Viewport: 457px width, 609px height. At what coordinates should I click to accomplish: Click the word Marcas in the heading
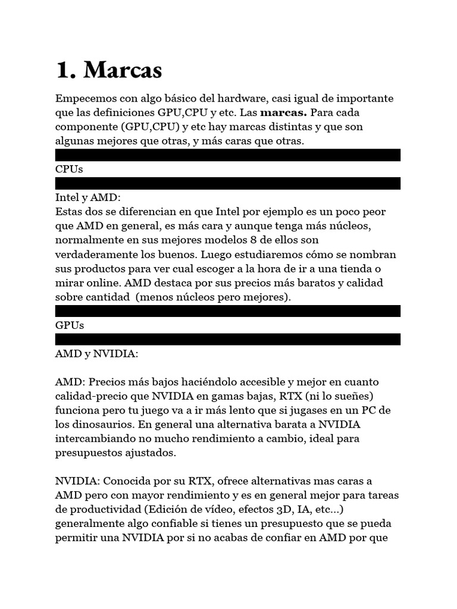pyautogui.click(x=123, y=70)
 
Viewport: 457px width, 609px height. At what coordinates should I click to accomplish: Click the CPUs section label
pyautogui.click(x=69, y=169)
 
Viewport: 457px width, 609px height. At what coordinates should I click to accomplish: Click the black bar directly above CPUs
pyautogui.click(x=228, y=155)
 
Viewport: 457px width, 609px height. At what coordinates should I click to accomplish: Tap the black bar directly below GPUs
pyautogui.click(x=228, y=339)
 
